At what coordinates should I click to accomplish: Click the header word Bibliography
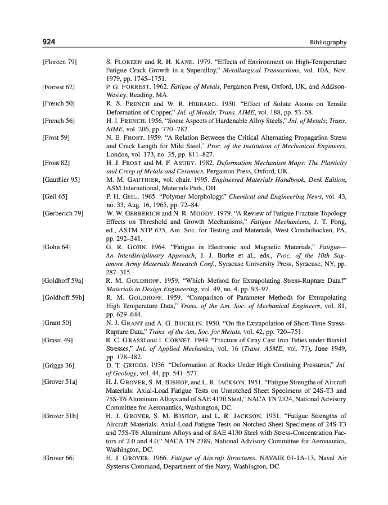click(x=328, y=43)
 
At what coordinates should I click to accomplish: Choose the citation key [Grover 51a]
click(x=61, y=382)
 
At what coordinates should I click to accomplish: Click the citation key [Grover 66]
click(x=58, y=458)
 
